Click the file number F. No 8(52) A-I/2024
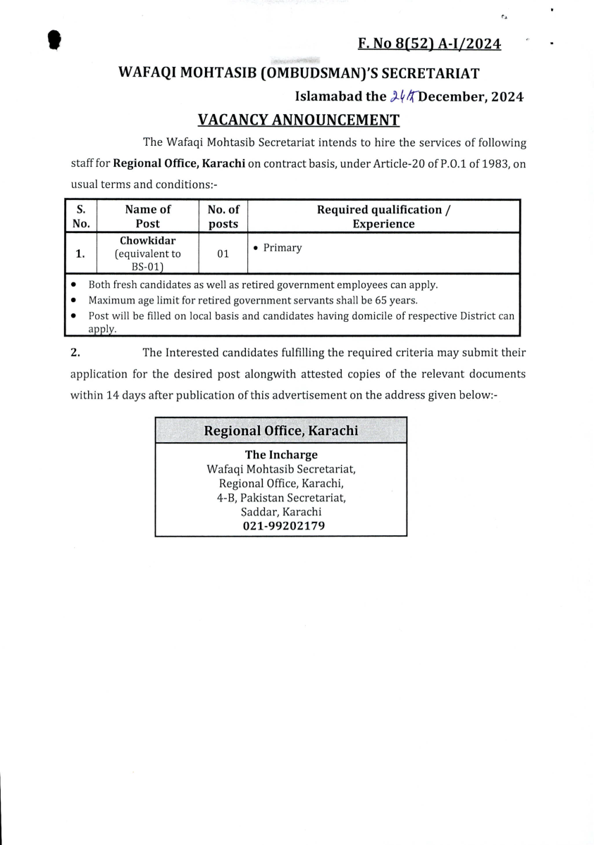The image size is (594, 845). click(x=429, y=44)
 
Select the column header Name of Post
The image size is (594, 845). click(x=147, y=216)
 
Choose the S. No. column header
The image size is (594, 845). click(x=81, y=216)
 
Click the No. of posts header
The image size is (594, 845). click(x=223, y=216)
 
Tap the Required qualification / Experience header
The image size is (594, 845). click(x=383, y=216)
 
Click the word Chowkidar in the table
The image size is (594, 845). click(x=147, y=241)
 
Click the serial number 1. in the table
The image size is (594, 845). click(x=81, y=254)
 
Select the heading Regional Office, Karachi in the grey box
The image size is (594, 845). click(x=280, y=430)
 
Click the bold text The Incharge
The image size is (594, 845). click(x=280, y=455)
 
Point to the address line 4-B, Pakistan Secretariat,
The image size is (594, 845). click(x=280, y=498)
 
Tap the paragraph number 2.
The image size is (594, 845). click(x=75, y=352)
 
